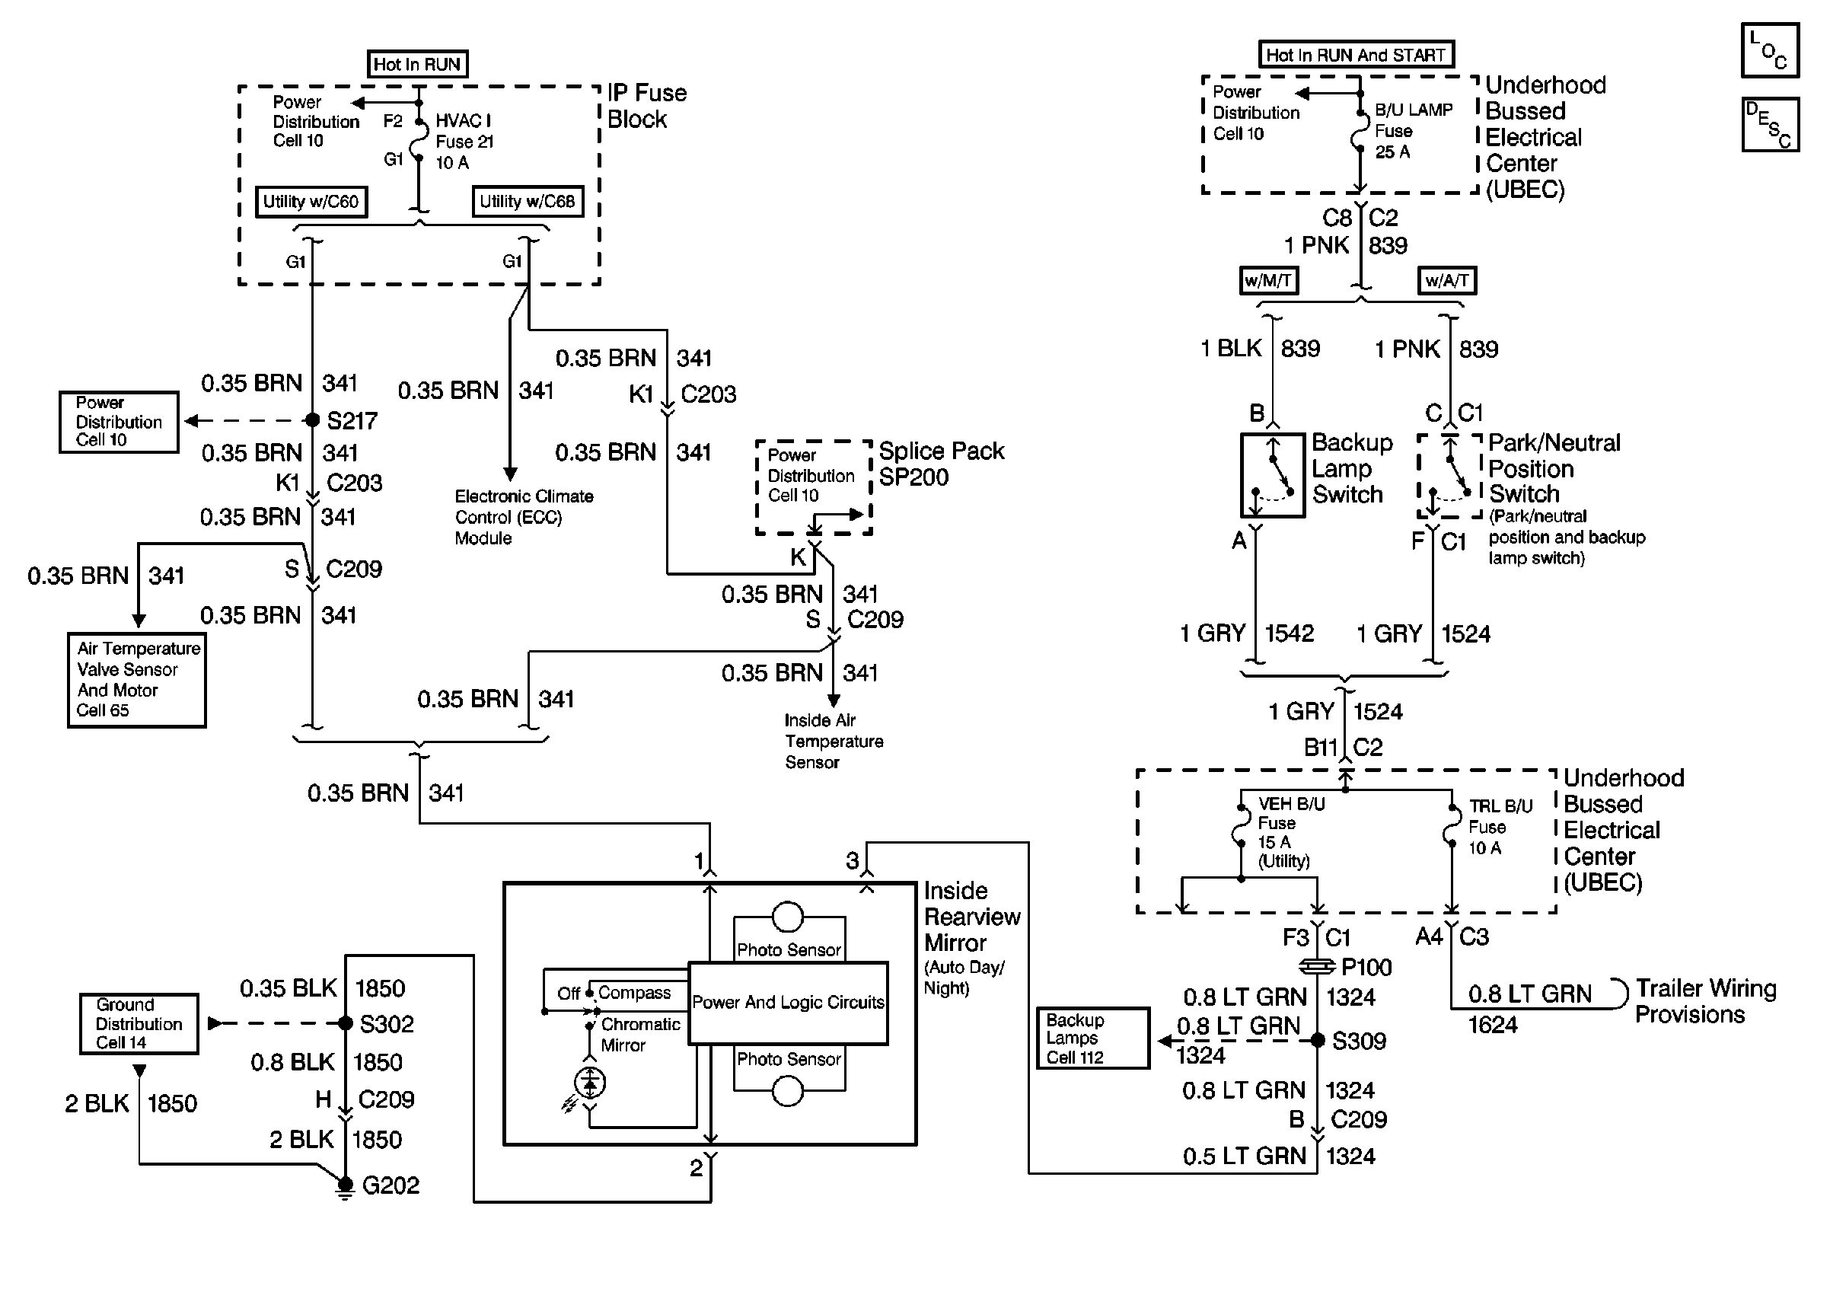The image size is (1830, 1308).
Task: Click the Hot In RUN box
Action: [x=417, y=64]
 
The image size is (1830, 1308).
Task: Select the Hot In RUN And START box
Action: [x=1356, y=54]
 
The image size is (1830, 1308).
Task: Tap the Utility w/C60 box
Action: [x=311, y=201]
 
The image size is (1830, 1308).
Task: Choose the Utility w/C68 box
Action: [x=528, y=201]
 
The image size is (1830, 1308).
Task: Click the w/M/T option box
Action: [x=1268, y=280]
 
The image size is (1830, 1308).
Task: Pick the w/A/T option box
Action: [x=1447, y=280]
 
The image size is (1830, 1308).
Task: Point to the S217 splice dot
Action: [x=312, y=420]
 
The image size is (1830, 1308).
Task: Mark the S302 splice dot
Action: [x=346, y=1024]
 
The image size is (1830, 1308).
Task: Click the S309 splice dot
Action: [x=1317, y=1041]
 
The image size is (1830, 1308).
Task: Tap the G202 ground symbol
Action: [x=345, y=1187]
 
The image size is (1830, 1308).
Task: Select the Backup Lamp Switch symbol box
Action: [x=1272, y=475]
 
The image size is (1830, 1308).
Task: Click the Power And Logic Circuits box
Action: [x=788, y=1003]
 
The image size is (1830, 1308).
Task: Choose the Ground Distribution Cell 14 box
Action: [x=139, y=1024]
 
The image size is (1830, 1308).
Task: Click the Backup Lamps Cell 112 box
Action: [x=1092, y=1038]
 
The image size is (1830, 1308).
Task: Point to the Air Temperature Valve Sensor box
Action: [x=137, y=680]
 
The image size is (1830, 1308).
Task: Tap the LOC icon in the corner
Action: [x=1770, y=50]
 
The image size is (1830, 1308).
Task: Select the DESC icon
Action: [x=1770, y=124]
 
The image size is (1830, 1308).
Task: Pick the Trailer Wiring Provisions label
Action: [x=1706, y=1001]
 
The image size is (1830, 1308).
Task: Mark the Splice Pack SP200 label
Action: [x=941, y=464]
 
